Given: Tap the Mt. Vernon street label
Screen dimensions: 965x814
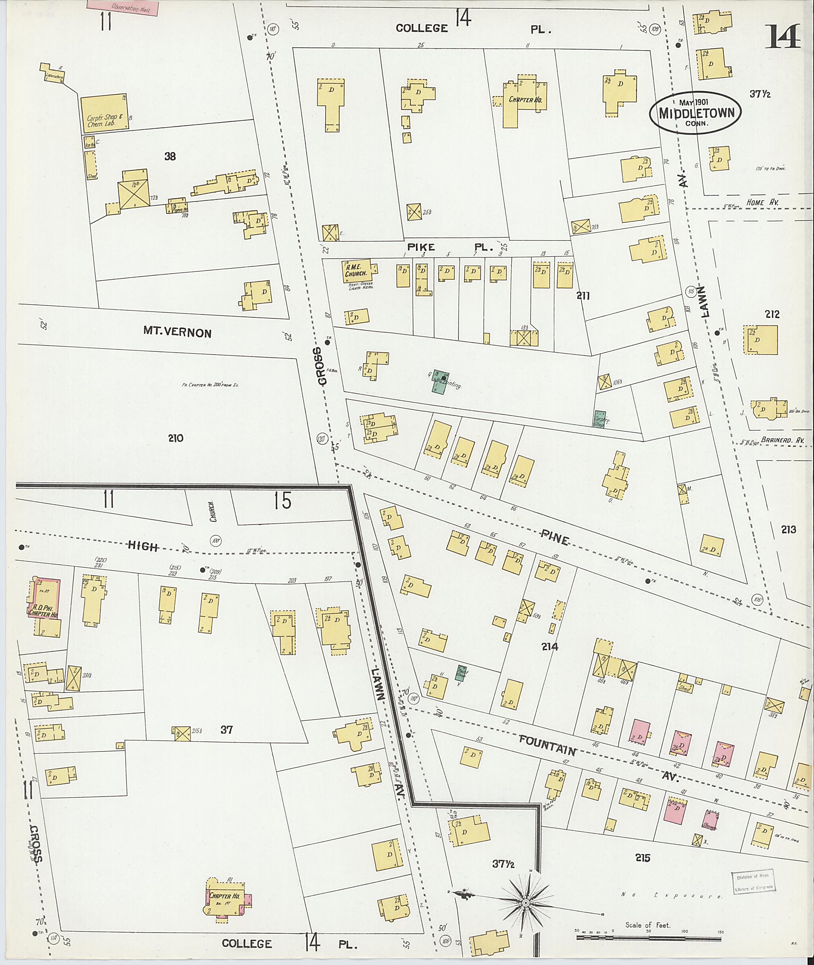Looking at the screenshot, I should tap(177, 332).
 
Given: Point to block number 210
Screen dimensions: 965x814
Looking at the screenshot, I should tap(175, 438).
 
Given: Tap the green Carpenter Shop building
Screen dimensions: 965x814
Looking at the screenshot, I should tap(600, 418).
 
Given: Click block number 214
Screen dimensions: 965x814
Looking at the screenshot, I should tap(550, 647).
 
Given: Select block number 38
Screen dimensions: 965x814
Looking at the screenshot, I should tap(170, 157).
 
